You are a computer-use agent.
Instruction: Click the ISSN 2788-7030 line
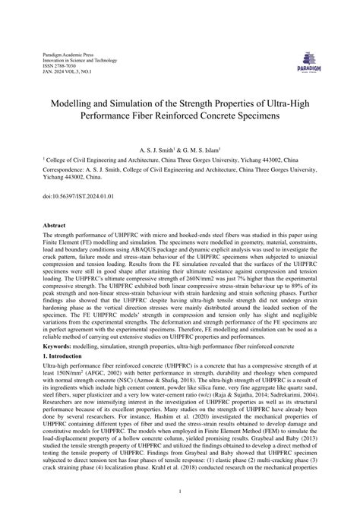click(x=54, y=66)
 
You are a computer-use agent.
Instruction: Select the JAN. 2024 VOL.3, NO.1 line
click(x=65, y=72)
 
